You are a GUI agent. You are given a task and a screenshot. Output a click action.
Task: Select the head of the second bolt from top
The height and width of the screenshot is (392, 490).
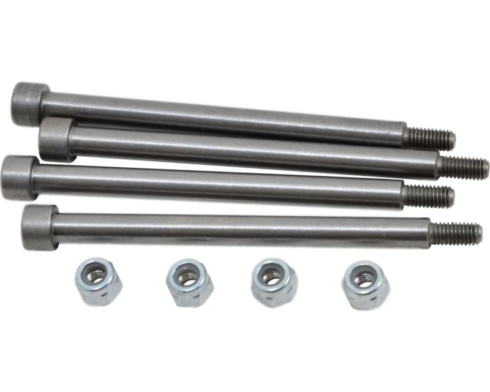click(57, 140)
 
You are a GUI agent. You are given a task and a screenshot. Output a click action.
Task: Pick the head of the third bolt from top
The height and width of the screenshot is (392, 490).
click(17, 178)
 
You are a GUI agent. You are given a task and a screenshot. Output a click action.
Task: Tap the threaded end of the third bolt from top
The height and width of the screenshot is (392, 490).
click(428, 196)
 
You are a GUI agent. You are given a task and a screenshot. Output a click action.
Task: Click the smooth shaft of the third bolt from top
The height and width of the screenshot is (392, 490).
click(214, 186)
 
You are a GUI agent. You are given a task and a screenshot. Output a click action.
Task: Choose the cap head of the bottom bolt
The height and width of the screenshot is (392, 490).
click(39, 227)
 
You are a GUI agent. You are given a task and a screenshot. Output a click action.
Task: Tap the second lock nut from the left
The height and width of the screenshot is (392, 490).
click(189, 282)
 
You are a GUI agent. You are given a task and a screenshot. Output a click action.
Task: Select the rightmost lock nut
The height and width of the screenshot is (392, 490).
click(365, 285)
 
